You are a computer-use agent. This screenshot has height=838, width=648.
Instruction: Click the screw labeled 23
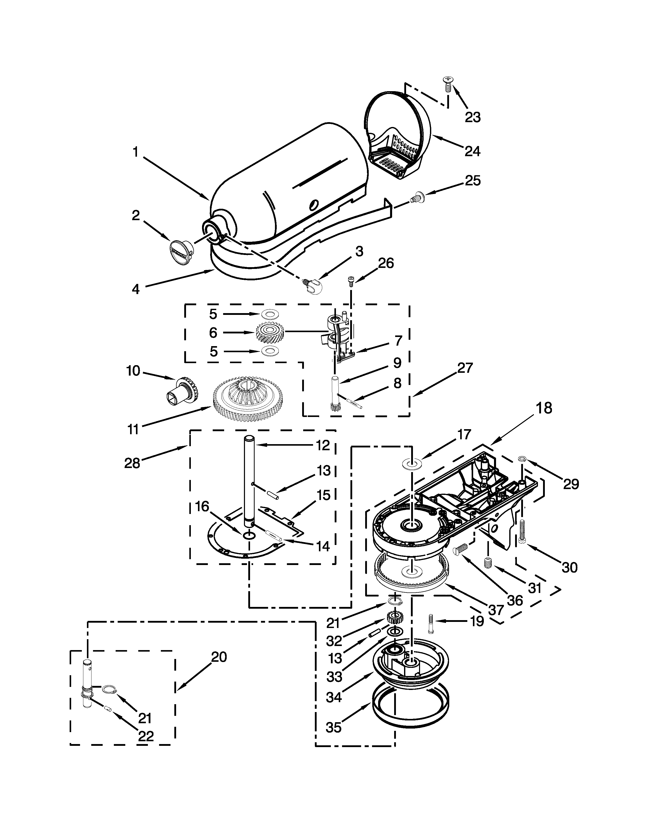[448, 83]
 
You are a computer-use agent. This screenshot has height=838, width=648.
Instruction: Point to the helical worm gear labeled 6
[269, 332]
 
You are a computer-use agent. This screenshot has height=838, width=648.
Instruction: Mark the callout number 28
[132, 463]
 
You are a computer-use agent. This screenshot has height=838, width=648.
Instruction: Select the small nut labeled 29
[522, 459]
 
